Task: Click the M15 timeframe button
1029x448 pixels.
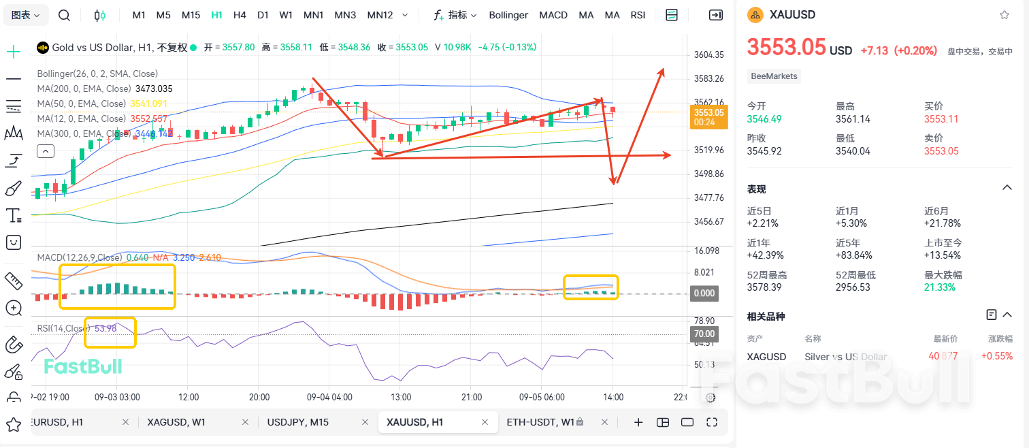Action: pos(191,15)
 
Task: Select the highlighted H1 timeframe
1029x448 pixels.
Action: pos(216,15)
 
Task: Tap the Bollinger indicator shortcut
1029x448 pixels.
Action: pos(508,15)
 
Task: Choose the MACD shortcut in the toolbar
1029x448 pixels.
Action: pos(553,15)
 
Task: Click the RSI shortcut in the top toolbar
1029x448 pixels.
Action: pos(638,15)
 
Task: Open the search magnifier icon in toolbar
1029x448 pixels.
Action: pos(64,15)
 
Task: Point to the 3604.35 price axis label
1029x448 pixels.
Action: pos(708,55)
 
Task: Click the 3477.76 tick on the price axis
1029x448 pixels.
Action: pos(708,198)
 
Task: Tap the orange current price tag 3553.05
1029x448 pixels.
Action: pos(708,113)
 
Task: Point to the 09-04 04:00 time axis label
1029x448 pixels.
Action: pos(329,397)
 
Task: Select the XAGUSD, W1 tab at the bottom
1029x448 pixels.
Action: pos(177,422)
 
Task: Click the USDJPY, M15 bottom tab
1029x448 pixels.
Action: pos(298,422)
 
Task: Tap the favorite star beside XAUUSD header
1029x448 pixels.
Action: pos(1004,15)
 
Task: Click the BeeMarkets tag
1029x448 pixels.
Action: pos(774,76)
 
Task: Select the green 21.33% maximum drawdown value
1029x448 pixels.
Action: pos(940,287)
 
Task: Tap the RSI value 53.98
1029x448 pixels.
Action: pos(105,328)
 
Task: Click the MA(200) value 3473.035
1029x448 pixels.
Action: pos(154,89)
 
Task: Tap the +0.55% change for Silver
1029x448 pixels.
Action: pos(996,356)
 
